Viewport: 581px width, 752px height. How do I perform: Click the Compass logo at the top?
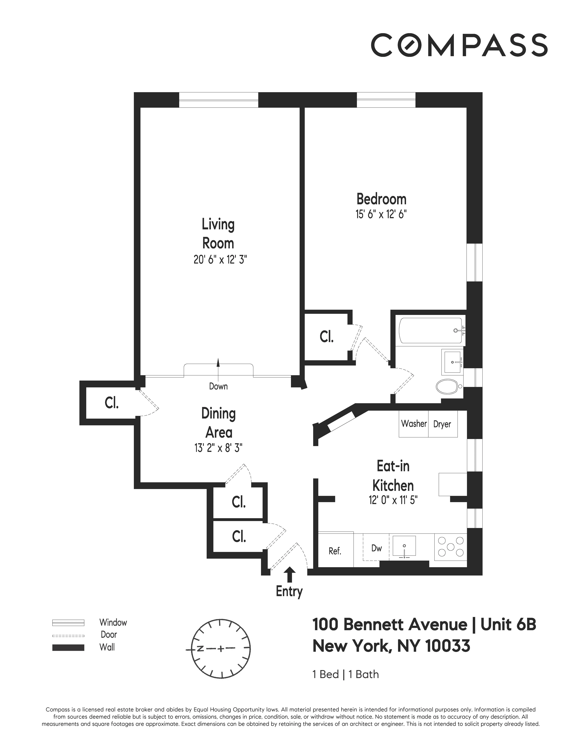coord(459,45)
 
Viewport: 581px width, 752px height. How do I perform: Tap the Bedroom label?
coord(381,199)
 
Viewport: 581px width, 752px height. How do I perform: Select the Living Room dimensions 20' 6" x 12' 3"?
coord(220,260)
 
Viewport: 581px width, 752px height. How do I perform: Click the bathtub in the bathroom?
coord(430,331)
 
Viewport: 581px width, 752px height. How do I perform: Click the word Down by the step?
coord(218,386)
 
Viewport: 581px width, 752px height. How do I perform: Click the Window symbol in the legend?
coord(68,623)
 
